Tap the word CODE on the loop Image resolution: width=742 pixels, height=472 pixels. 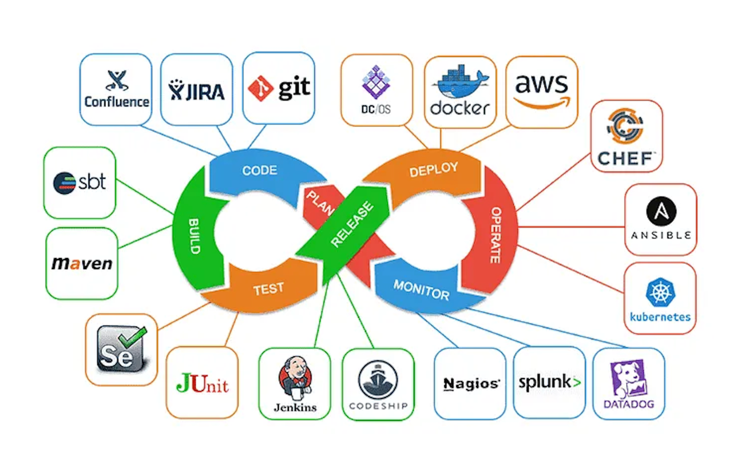click(x=260, y=170)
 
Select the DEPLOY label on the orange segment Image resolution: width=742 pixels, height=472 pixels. click(x=433, y=169)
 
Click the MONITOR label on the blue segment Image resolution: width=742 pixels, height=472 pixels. click(x=421, y=290)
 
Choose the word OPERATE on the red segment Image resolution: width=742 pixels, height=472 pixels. click(x=496, y=235)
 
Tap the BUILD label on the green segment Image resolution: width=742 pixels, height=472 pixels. click(x=194, y=236)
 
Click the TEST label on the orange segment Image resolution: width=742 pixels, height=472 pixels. click(x=269, y=289)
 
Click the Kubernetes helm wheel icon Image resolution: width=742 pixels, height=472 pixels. click(x=660, y=293)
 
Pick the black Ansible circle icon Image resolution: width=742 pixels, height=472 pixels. click(x=661, y=211)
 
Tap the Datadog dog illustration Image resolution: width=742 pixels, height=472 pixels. click(x=628, y=379)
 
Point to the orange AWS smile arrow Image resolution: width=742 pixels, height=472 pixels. click(x=542, y=103)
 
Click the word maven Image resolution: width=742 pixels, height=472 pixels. click(x=82, y=263)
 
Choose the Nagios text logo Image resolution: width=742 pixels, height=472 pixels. click(x=471, y=383)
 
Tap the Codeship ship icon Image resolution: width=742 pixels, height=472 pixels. click(x=378, y=379)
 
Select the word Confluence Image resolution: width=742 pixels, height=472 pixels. click(x=117, y=102)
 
